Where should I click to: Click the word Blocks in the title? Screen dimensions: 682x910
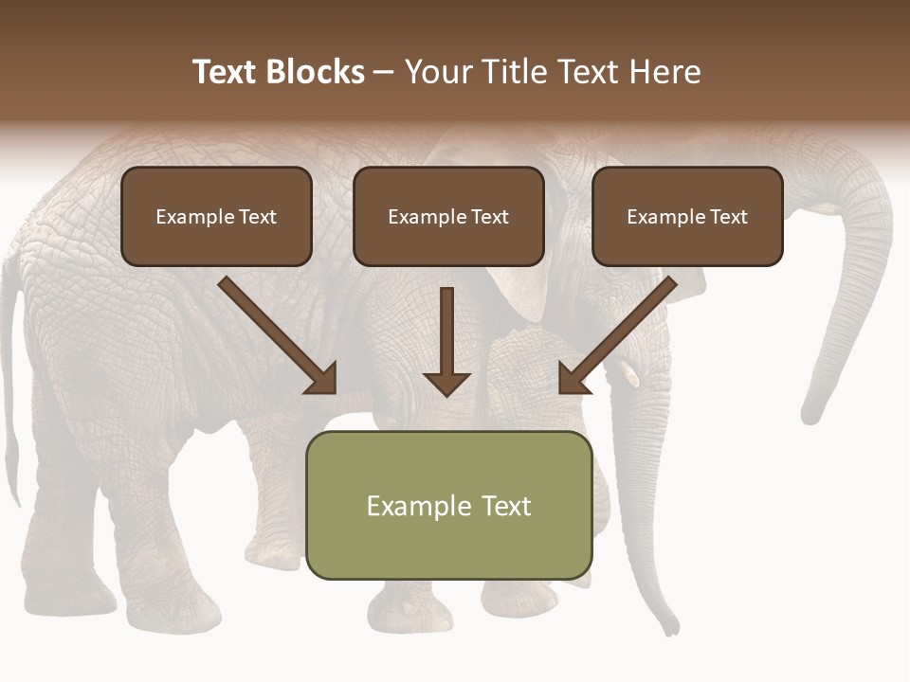316,72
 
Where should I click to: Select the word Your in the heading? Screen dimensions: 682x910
437,72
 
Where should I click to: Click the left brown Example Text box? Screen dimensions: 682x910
216,216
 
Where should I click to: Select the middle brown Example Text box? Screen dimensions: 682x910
448,216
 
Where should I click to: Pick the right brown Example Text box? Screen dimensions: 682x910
687,216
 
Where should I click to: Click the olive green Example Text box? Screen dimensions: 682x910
448,505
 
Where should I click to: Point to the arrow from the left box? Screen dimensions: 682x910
279,336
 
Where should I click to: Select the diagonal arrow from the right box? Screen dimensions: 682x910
617,336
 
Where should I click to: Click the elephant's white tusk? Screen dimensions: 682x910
628,375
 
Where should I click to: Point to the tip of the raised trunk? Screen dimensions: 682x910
811,413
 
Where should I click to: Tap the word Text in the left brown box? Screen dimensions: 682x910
257,217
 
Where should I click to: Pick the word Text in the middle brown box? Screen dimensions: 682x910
489,217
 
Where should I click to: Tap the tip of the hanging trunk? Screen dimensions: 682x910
671,625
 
